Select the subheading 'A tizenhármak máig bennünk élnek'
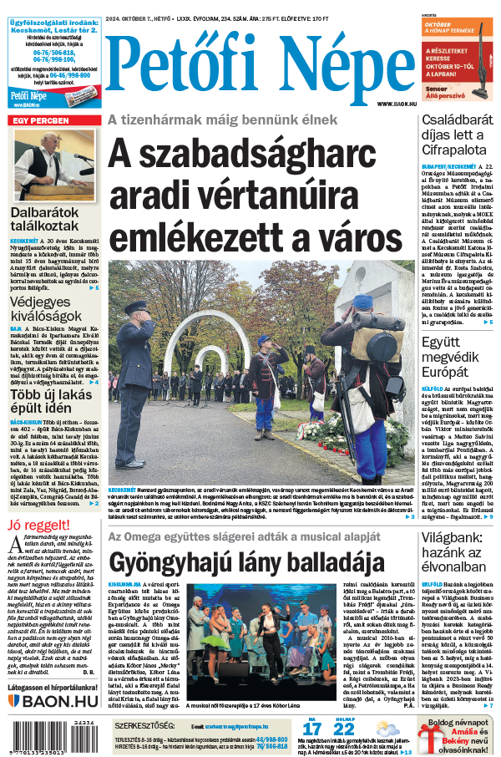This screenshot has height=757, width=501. [222, 120]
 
